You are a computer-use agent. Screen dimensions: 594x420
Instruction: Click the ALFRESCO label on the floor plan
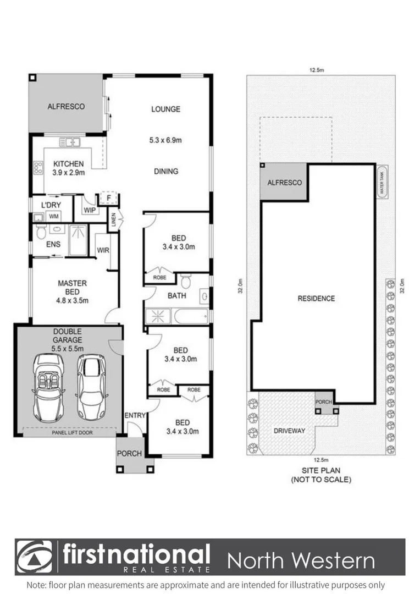tap(66, 107)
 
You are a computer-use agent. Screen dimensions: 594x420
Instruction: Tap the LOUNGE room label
tap(165, 109)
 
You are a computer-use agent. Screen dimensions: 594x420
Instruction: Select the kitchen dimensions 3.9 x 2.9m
tap(68, 173)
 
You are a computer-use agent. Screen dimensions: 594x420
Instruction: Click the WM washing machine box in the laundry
tap(54, 217)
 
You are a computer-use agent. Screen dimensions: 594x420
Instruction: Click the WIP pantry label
tap(90, 210)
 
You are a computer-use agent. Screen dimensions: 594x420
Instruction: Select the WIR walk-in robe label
tap(102, 251)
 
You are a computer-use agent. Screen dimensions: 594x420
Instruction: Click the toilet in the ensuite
tap(41, 233)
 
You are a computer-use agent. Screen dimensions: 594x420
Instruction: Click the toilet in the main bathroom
tap(186, 282)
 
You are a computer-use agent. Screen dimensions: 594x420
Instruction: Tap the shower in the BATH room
tap(158, 316)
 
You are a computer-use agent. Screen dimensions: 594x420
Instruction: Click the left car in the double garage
tap(48, 386)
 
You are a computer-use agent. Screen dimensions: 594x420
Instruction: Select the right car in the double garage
tap(91, 386)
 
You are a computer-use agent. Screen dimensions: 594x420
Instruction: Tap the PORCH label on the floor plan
tap(129, 454)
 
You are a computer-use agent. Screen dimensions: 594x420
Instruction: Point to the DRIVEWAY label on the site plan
tap(289, 431)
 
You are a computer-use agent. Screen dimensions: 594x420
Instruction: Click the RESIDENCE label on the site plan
tap(316, 299)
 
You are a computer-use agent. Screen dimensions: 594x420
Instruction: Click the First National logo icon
tap(34, 557)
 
